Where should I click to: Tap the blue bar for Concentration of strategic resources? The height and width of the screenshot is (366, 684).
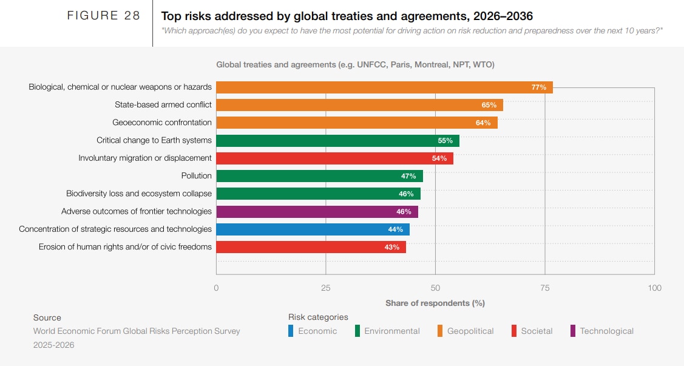pos(313,229)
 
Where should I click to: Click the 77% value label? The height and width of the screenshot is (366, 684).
pos(538,87)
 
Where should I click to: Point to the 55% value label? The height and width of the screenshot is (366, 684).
pos(445,141)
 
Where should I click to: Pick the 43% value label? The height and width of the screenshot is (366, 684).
pos(391,247)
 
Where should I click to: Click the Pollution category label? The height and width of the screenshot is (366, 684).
pos(196,176)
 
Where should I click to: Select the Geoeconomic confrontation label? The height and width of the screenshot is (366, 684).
pos(162,123)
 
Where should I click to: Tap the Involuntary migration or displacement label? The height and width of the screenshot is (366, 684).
pos(145,158)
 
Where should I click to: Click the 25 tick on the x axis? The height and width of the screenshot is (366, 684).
pos(326,288)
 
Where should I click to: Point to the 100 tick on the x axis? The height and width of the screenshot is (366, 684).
pos(654,288)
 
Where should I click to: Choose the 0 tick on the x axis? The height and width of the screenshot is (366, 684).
pos(217,288)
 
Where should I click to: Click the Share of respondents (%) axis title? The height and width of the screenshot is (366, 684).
pos(435,303)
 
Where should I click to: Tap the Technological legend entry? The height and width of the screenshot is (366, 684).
pos(606,331)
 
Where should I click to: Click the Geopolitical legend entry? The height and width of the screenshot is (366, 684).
pos(470,331)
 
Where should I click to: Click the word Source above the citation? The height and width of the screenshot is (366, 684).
pos(47,317)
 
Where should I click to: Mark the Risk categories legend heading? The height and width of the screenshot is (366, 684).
pos(318,317)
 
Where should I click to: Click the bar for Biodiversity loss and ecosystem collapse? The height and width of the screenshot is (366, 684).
pos(318,194)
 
